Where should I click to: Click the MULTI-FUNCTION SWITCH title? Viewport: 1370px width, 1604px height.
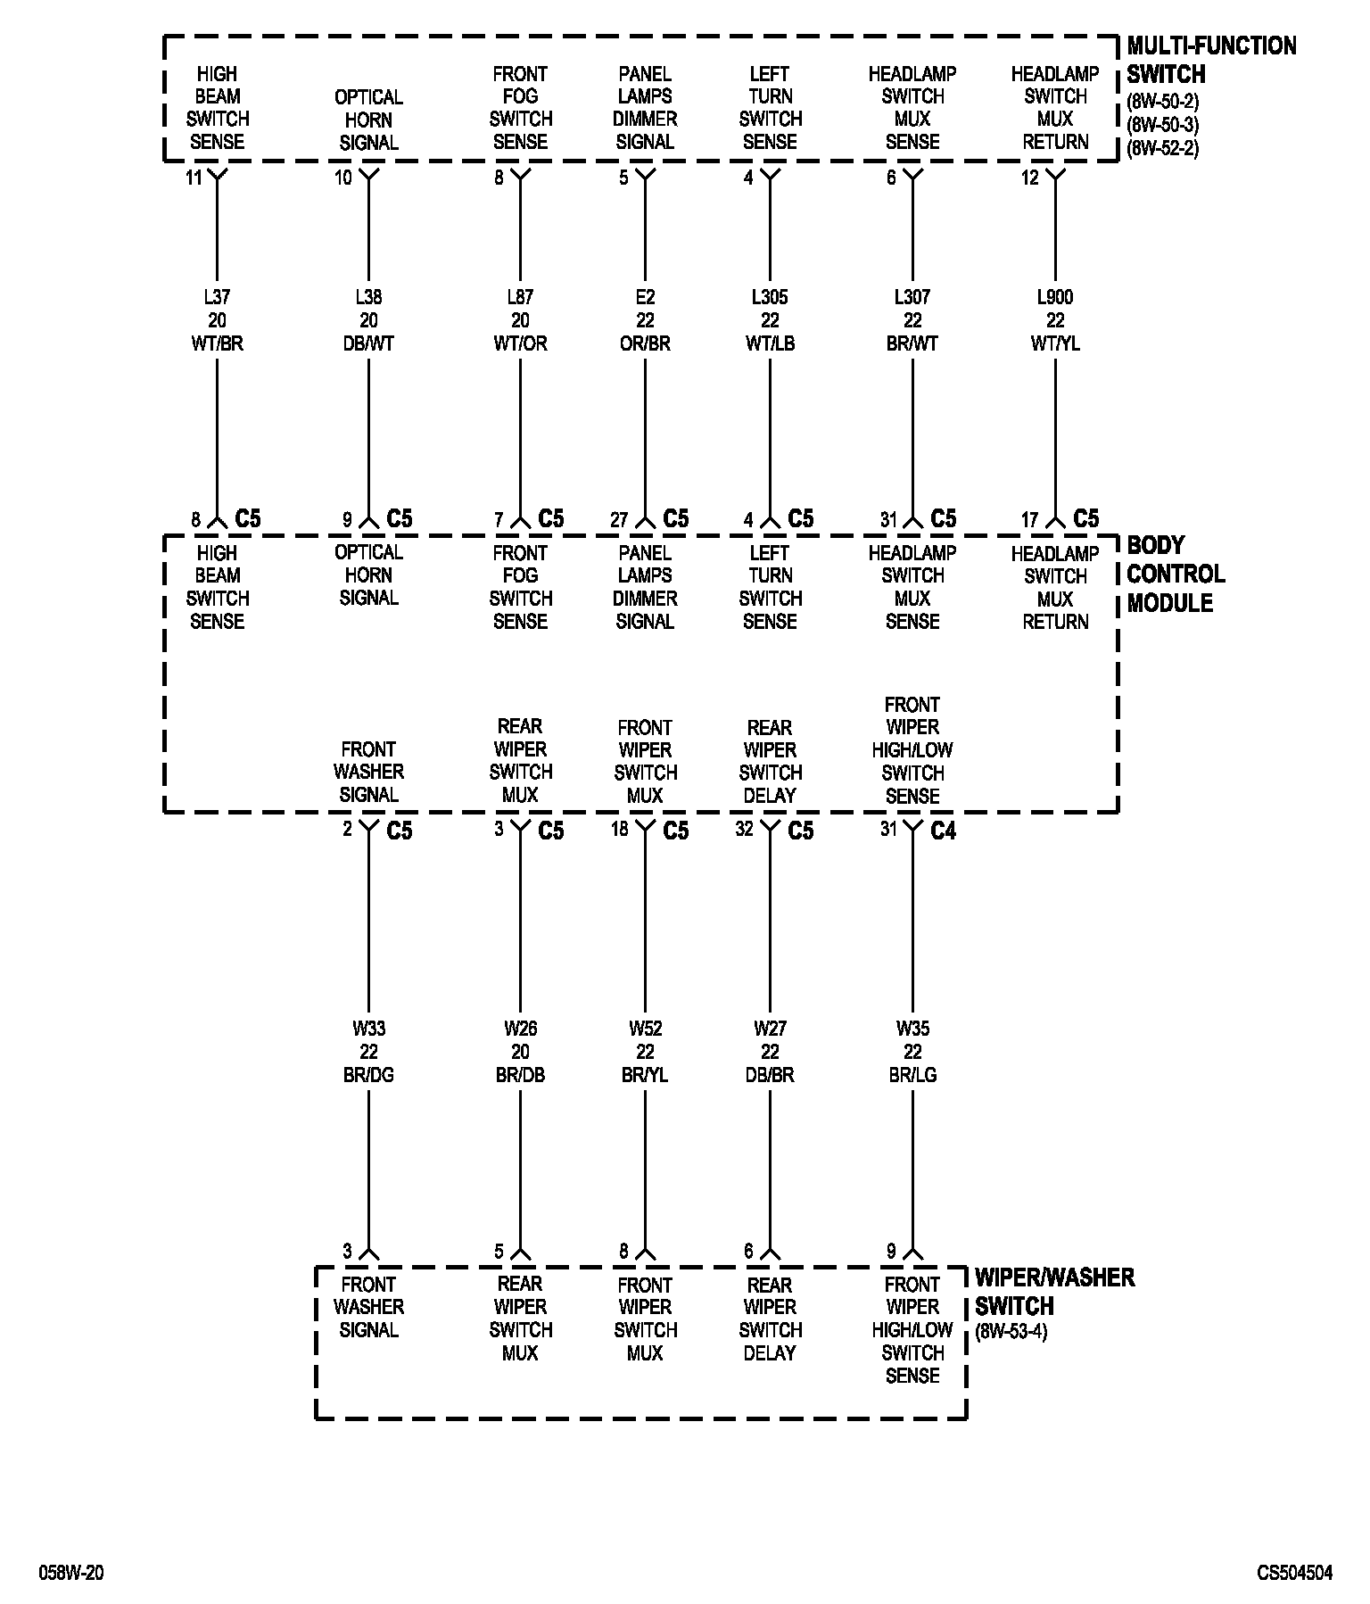pos(1210,60)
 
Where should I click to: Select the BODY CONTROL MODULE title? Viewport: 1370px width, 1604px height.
pos(1175,574)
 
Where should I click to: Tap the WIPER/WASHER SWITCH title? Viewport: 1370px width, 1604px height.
pos(1054,1291)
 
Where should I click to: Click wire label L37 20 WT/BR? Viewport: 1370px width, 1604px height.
pos(217,320)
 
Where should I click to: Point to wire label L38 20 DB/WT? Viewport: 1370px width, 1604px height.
pos(368,320)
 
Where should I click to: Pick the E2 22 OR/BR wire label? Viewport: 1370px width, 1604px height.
pos(645,320)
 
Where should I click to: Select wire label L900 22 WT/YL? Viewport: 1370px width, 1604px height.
pos(1055,320)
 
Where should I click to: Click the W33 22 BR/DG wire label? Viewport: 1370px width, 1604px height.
pos(368,1052)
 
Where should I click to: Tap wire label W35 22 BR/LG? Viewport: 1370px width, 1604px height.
pos(912,1052)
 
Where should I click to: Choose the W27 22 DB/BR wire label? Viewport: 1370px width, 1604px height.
pos(770,1052)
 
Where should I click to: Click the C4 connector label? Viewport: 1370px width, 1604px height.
pos(943,831)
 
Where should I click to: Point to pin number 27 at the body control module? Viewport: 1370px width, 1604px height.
pos(619,520)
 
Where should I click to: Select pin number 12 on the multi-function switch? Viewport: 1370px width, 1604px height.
pos(1030,178)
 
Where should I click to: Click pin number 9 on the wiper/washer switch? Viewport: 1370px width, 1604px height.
pos(891,1252)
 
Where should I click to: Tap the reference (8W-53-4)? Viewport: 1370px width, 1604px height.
pos(1011,1332)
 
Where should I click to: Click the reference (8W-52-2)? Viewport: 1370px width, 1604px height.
pos(1162,148)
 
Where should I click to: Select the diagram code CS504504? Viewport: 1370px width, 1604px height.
pos(1295,1573)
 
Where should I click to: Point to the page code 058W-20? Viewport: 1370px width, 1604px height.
pos(70,1573)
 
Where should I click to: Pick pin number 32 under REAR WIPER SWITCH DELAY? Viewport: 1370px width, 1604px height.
pos(744,830)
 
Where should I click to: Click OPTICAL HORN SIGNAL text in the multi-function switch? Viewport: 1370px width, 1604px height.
pos(368,120)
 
